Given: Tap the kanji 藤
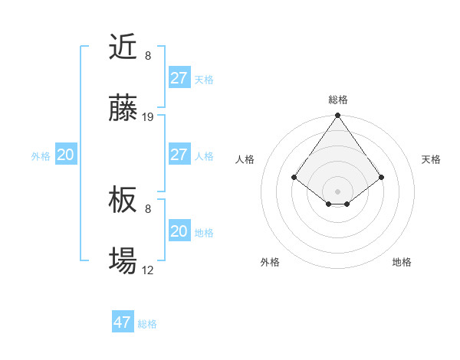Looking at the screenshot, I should [123, 110].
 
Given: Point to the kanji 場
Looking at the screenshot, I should [123, 262].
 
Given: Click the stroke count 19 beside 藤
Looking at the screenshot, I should [148, 117].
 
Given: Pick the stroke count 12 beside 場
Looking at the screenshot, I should [148, 270].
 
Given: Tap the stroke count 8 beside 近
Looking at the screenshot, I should [148, 56].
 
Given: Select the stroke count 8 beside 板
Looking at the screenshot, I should [148, 208].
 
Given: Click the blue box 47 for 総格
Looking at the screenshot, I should [123, 322].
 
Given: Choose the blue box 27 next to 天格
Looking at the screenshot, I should [179, 78].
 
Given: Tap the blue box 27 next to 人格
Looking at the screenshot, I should [179, 155].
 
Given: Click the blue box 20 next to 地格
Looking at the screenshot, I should [179, 231].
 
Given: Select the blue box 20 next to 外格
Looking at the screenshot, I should [65, 155].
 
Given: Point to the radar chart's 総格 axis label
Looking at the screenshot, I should [338, 100].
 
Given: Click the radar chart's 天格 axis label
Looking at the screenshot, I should [431, 159].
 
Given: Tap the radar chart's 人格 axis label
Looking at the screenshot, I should [245, 159].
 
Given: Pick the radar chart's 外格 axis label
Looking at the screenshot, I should [270, 262].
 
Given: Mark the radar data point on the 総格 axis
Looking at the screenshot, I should [338, 116].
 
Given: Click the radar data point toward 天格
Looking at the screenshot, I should [381, 178].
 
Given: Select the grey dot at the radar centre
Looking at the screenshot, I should [338, 191].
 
